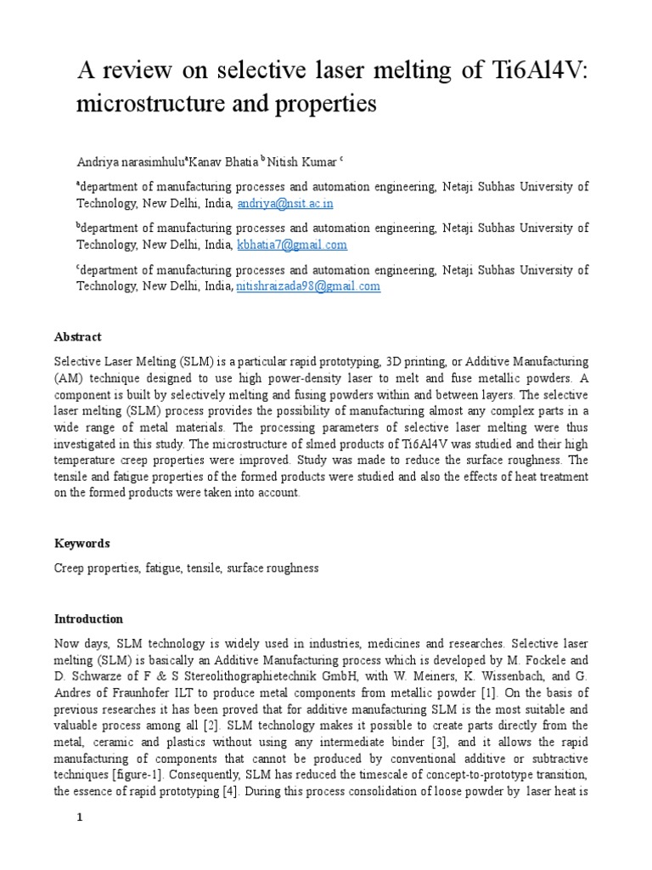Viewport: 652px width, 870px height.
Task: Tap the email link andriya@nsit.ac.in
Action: [285, 204]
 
